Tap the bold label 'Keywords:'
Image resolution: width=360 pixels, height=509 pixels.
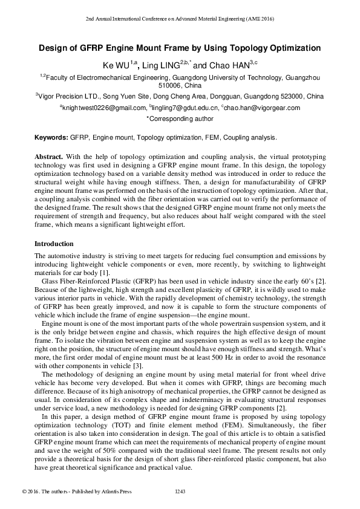pos(51,138)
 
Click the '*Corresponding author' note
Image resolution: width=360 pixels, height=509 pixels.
pos(180,119)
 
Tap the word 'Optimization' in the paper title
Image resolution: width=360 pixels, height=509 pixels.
pos(287,48)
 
